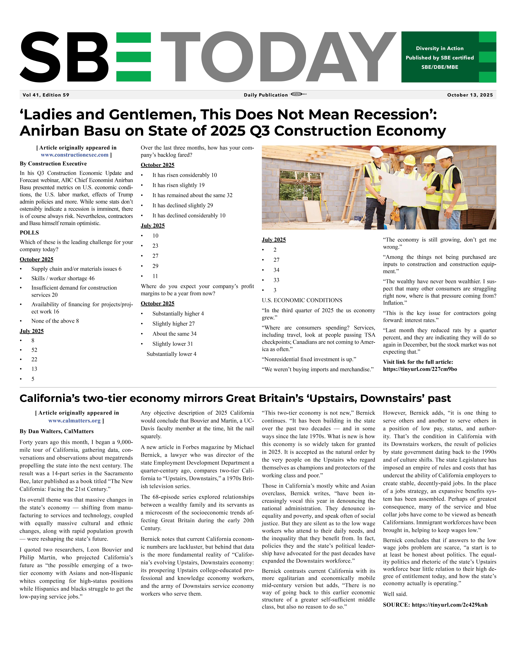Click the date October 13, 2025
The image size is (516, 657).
[x=470, y=95]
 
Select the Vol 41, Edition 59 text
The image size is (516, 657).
[x=46, y=95]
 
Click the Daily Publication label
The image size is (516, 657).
[x=266, y=95]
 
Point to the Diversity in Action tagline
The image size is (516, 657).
[x=440, y=48]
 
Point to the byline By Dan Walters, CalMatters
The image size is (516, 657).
[x=57, y=431]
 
